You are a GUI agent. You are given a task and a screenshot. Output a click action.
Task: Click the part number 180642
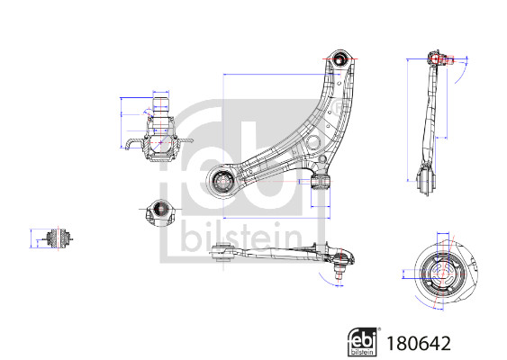(419, 343)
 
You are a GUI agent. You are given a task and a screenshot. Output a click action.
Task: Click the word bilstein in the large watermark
(241, 238)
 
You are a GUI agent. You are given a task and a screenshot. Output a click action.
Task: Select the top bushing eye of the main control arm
(340, 59)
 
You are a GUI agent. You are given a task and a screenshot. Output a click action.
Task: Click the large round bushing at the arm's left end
(222, 182)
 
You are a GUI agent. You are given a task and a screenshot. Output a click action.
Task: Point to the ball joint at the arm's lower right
(321, 181)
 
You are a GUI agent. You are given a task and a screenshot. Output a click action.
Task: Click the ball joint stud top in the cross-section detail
(160, 103)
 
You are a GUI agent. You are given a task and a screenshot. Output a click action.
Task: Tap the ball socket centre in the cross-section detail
(160, 142)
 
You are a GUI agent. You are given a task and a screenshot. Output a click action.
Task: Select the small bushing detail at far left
(59, 239)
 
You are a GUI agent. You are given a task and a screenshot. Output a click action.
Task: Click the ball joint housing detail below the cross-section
(160, 212)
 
